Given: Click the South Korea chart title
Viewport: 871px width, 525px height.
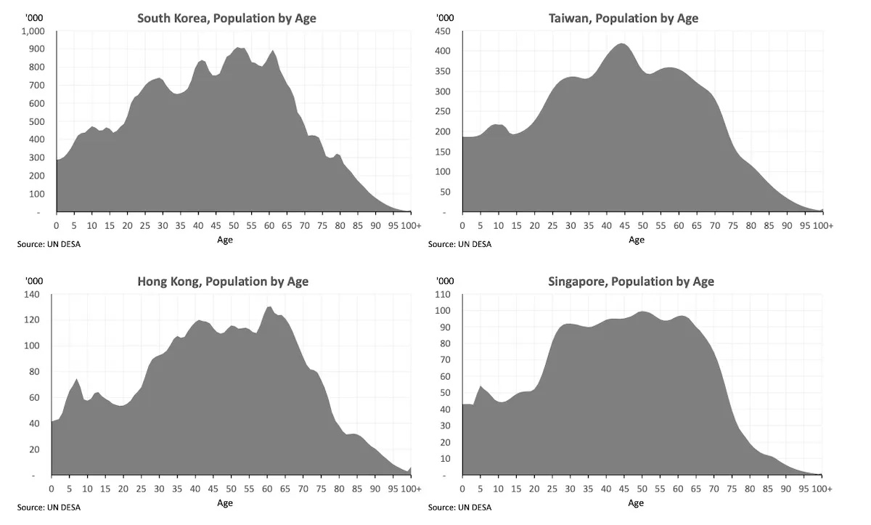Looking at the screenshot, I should click(226, 18).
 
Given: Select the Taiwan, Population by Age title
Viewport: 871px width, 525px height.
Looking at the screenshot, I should click(623, 18).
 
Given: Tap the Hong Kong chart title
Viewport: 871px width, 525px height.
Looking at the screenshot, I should click(223, 281).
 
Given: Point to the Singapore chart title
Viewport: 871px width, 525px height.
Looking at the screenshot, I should click(631, 281).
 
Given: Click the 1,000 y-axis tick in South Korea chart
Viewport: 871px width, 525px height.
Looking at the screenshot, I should click(33, 31).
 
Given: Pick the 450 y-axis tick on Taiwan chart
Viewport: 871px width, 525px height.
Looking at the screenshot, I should click(442, 31).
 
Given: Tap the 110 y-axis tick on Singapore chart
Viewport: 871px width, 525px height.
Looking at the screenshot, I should click(442, 295).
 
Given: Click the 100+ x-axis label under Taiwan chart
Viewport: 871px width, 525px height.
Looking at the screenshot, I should click(822, 226).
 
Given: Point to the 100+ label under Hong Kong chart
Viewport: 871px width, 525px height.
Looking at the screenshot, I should click(411, 489).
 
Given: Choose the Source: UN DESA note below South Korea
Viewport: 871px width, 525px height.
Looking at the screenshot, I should click(49, 244).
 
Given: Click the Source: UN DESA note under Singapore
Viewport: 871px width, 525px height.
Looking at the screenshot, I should click(459, 507).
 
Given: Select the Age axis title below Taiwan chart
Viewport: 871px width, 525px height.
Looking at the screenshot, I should click(637, 240).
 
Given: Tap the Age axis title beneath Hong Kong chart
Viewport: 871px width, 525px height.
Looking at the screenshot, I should click(225, 502).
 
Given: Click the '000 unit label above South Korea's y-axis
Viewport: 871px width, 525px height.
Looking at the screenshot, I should click(33, 18).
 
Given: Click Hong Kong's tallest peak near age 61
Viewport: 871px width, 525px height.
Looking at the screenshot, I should click(269, 307).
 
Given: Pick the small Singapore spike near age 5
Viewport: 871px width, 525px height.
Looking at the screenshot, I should click(480, 386).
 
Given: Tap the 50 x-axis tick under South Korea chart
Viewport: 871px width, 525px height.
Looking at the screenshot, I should click(234, 226).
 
